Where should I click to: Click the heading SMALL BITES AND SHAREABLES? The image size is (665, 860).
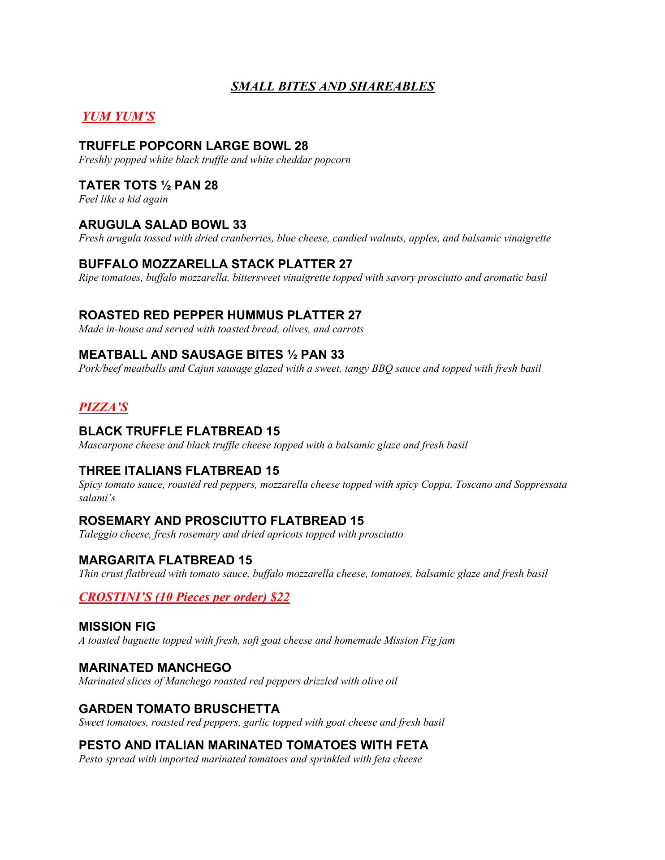[332, 86]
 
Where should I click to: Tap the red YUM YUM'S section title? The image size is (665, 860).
[119, 116]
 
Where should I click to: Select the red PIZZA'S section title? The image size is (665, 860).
[104, 407]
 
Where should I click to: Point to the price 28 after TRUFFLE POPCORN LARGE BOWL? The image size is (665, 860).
[301, 146]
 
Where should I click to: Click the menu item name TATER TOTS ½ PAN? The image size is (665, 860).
[139, 185]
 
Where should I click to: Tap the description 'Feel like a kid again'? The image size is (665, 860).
[123, 199]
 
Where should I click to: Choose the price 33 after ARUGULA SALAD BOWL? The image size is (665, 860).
[239, 224]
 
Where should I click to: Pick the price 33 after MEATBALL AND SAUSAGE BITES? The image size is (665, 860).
[337, 355]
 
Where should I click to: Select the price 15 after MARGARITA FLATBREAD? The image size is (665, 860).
[246, 560]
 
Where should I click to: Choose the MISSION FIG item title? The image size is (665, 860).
[117, 627]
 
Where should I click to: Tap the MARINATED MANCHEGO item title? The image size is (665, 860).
[155, 668]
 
